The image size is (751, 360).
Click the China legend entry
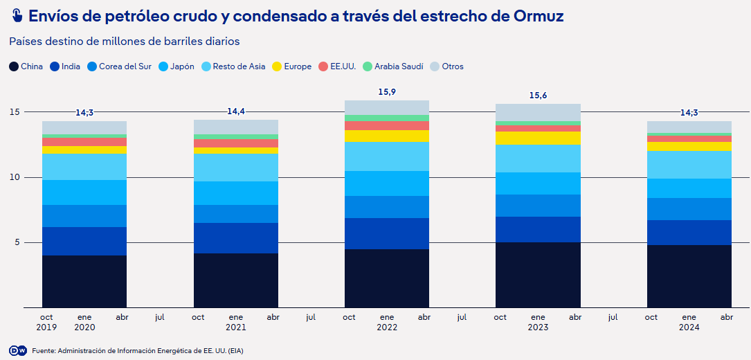[26, 66]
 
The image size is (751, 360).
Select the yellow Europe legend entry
[291, 66]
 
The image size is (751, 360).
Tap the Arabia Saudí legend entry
[391, 66]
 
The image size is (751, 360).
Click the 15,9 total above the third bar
[387, 91]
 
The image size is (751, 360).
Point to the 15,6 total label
[538, 95]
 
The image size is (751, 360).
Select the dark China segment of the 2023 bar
[538, 275]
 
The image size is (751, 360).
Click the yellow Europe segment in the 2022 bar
[387, 136]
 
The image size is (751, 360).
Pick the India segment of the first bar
[84, 241]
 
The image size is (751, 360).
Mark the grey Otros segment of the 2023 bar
[538, 112]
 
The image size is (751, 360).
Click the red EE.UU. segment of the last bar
[689, 138]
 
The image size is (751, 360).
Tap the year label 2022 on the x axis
[387, 327]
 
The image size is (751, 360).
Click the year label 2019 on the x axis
[47, 327]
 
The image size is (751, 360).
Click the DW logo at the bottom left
[18, 350]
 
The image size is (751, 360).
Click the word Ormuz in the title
[534, 15]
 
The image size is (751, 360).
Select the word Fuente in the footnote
[44, 351]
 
